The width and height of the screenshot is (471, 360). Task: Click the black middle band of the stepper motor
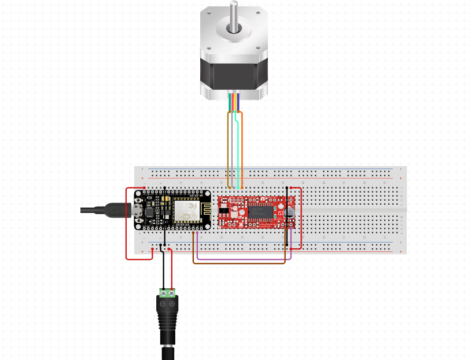click(234, 75)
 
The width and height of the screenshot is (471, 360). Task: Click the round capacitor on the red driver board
click(290, 212)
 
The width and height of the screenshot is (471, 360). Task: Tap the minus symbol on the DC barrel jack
click(163, 304)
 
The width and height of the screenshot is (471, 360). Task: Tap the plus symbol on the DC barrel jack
click(172, 304)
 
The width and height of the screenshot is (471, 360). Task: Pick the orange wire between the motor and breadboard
click(242, 150)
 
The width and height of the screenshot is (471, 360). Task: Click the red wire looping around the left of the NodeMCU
click(127, 226)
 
